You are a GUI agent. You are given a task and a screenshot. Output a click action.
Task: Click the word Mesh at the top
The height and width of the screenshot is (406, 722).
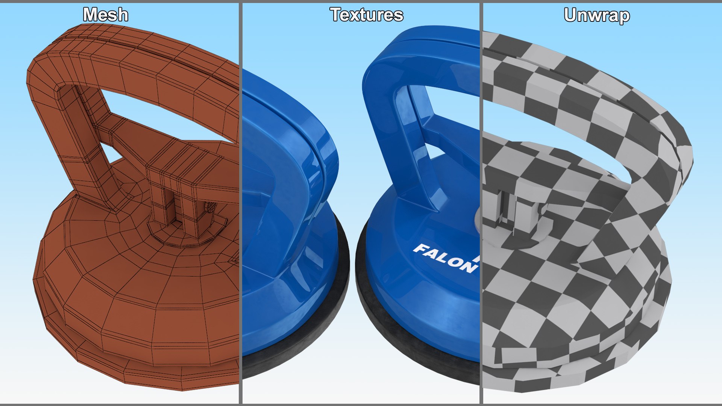pos(105,15)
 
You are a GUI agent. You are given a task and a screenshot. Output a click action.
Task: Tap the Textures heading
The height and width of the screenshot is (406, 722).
pos(367,15)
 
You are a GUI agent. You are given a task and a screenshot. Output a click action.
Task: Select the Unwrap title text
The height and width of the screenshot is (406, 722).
pos(596,16)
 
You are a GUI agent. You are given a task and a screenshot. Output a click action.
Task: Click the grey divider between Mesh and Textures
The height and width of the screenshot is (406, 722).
pos(240,203)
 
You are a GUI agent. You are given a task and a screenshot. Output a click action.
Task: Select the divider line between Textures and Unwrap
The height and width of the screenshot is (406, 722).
pos(481,203)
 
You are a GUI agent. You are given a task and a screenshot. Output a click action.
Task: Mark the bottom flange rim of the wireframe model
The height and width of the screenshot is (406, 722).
pos(150,370)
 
